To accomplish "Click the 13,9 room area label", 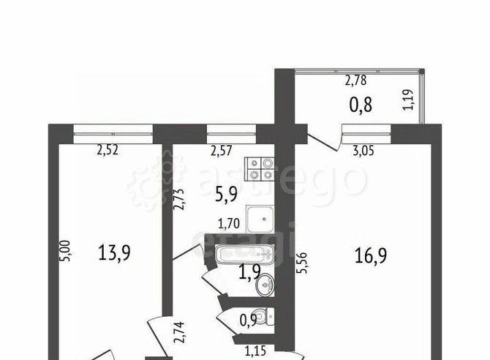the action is [114, 252].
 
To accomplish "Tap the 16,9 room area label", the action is [371, 255].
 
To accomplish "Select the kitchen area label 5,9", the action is [227, 194].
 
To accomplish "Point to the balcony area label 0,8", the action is [361, 105].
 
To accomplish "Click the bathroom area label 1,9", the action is [249, 271].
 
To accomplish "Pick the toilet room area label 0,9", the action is [248, 320].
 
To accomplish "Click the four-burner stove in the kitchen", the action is [261, 169].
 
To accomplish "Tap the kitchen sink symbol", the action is [260, 219].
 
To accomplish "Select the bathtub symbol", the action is [245, 254].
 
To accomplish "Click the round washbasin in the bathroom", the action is [265, 285].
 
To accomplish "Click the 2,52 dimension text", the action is [108, 151].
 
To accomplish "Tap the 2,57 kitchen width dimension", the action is [222, 151].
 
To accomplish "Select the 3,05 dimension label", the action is [363, 151].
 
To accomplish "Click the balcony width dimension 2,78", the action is [355, 80].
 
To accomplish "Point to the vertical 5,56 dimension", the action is [302, 263].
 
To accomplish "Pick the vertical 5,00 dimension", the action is [65, 251].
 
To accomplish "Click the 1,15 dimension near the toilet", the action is [255, 351].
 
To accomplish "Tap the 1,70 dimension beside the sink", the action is [229, 224].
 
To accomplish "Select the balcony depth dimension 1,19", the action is [408, 100].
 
